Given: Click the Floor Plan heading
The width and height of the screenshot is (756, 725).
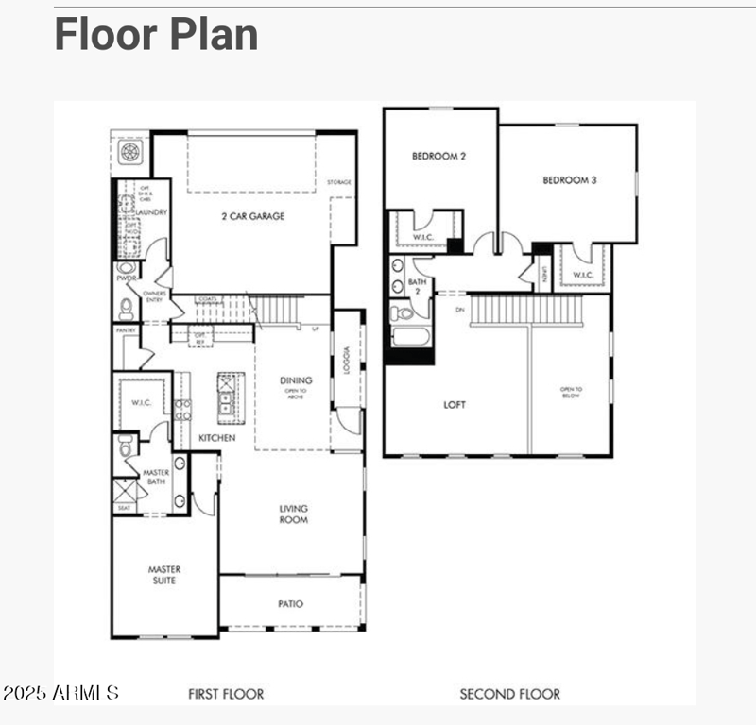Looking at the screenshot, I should (x=156, y=34).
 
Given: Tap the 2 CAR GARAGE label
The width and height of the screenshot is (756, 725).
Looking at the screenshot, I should (x=253, y=216).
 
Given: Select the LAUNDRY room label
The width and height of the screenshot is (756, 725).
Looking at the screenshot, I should (x=152, y=212).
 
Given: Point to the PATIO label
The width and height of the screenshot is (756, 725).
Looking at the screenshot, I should (x=291, y=604).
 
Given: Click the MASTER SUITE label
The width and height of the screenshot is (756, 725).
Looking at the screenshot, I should (x=164, y=575).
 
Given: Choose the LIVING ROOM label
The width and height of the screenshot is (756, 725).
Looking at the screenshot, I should (x=294, y=514).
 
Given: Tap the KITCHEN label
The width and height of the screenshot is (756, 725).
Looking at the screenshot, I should (x=216, y=438).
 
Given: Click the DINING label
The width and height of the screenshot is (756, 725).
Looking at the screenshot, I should (x=296, y=380).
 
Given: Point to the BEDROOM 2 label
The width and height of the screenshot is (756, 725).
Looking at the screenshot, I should (x=438, y=157).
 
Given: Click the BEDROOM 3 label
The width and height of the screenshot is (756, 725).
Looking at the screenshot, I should (x=569, y=179).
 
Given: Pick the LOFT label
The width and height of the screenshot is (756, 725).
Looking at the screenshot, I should (x=455, y=405).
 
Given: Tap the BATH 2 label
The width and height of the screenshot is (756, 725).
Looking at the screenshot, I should (x=417, y=287).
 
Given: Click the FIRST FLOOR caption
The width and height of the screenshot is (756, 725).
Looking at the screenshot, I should (x=226, y=694).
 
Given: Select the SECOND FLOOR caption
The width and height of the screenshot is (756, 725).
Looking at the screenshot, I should (x=509, y=694).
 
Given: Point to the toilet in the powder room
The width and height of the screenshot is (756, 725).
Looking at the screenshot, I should (x=126, y=307).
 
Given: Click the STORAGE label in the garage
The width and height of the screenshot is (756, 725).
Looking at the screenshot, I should (x=339, y=182).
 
